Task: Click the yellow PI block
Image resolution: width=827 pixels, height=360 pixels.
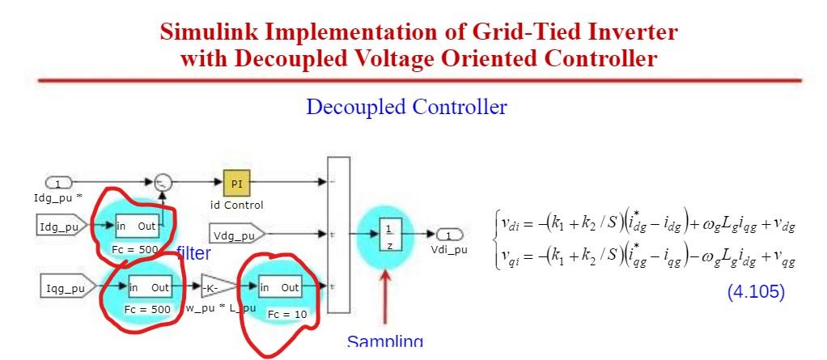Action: (236, 184)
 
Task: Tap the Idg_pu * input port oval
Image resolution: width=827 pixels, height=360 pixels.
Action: (57, 184)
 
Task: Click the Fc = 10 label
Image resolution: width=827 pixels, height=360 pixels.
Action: (287, 313)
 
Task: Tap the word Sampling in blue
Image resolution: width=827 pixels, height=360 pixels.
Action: (384, 342)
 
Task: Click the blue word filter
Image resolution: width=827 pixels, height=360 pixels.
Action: (193, 254)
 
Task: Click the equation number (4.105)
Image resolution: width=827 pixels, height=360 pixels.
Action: (756, 292)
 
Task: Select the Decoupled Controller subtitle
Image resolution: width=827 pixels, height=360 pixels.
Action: (406, 107)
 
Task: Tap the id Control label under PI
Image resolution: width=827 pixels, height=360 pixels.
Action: (237, 205)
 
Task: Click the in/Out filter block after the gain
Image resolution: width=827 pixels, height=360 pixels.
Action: (280, 288)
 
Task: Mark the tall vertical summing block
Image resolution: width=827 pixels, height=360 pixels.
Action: (338, 234)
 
